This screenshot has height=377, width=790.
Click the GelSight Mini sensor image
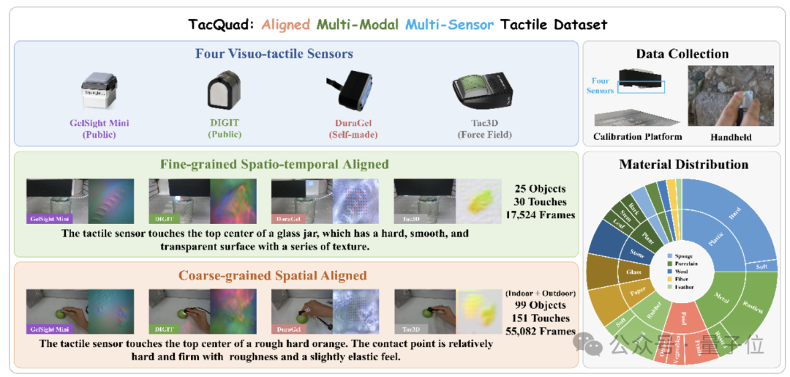pyautogui.click(x=99, y=90)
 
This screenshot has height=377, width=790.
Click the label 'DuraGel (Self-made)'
pyautogui.click(x=350, y=129)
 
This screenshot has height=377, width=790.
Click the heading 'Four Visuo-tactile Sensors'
pyautogui.click(x=274, y=53)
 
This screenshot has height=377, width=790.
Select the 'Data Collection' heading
pyautogui.click(x=682, y=53)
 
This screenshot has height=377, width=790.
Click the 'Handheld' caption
pyautogui.click(x=729, y=137)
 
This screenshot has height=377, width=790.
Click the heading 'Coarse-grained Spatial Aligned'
pyautogui.click(x=273, y=276)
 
